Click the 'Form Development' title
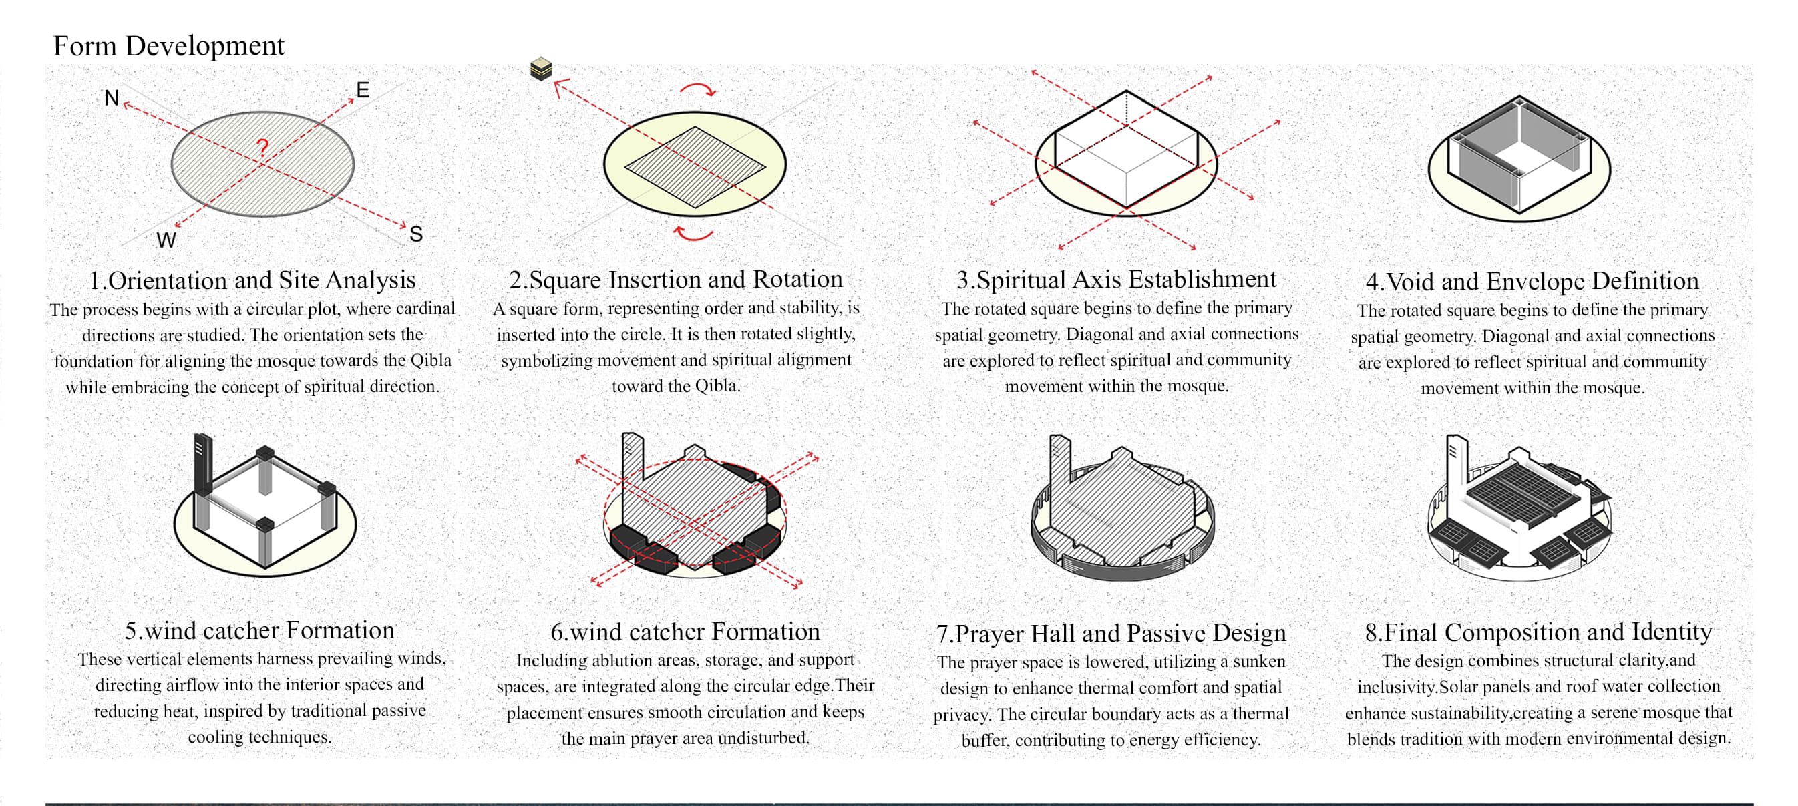pos(168,46)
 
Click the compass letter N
pos(111,97)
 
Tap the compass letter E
pos(362,90)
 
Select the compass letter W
pos(166,240)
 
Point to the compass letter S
pos(416,234)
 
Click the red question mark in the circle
pos(262,147)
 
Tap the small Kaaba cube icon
pos(541,69)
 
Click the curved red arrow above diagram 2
pos(697,89)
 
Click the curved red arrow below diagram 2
pos(694,234)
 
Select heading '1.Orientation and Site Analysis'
pos(252,280)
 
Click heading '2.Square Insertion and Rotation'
pos(675,280)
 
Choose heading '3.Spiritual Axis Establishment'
pos(1115,280)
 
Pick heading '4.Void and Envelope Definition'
pos(1532,281)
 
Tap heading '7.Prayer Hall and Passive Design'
pos(1111,633)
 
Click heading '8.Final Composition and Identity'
pos(1538,632)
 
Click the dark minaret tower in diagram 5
pos(202,464)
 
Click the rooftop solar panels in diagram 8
pos(1521,491)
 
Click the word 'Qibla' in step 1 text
pos(431,361)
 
